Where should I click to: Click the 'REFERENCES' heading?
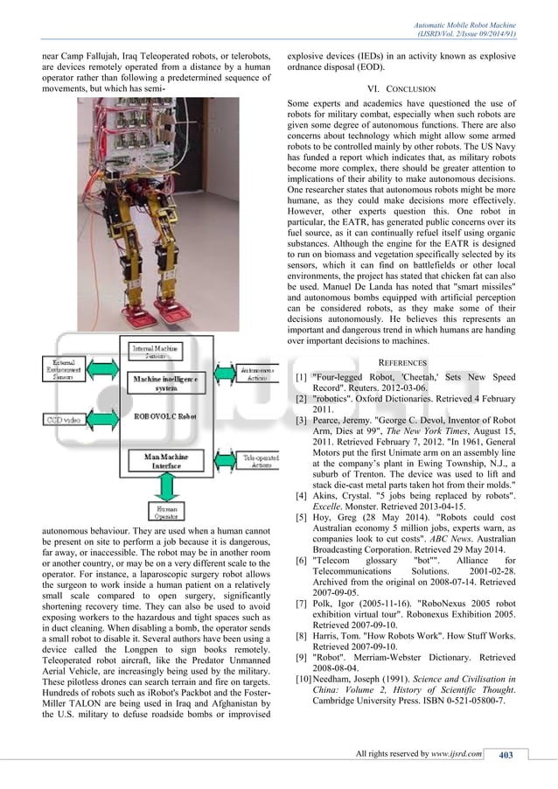click(402, 362)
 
